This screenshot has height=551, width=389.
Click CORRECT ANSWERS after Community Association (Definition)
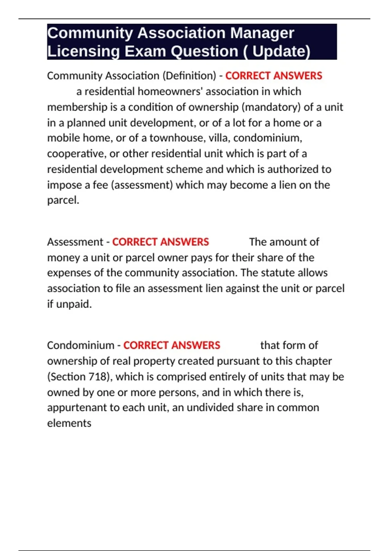[x=274, y=76]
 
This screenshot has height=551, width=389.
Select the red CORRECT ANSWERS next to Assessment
[x=160, y=242]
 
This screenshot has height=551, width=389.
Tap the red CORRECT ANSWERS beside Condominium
[x=171, y=346]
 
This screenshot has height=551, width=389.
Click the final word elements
[x=69, y=423]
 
